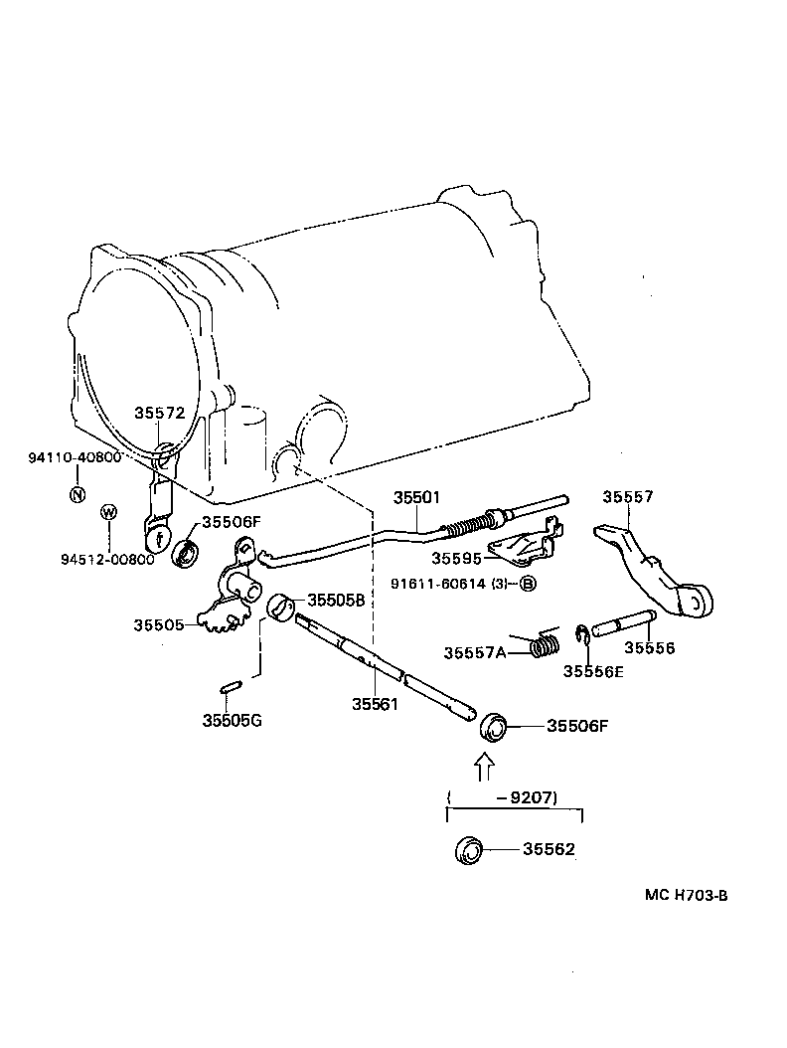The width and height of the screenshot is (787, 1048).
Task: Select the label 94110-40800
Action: [75, 457]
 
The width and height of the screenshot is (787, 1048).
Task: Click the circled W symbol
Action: [109, 512]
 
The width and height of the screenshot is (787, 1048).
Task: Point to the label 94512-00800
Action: [107, 559]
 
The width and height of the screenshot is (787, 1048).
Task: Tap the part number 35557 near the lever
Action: [630, 497]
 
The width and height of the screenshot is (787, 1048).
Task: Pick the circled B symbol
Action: [528, 584]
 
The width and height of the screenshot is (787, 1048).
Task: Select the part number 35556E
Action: [593, 670]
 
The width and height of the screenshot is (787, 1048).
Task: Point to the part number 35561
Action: [374, 704]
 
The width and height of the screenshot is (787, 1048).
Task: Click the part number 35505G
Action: [232, 720]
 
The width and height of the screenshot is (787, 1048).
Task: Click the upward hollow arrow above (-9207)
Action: [484, 766]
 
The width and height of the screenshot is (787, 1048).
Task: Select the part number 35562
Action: [549, 850]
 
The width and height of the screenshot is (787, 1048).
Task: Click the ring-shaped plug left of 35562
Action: [468, 851]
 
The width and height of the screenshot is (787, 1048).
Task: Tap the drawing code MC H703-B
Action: [686, 895]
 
